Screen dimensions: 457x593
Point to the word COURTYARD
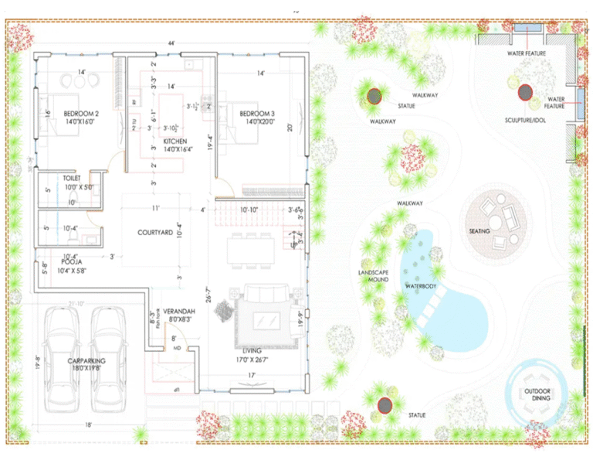(160, 233)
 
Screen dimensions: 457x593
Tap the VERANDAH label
(177, 312)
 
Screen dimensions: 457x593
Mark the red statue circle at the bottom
(384, 404)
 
